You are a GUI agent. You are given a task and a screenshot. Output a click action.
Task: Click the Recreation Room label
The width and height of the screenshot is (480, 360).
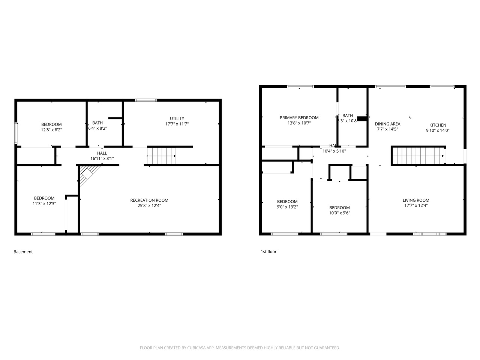(x=149, y=200)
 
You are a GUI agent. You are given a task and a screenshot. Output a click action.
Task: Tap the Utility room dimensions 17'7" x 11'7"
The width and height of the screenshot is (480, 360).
(x=177, y=124)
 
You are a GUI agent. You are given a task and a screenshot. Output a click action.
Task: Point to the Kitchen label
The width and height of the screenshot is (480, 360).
(x=438, y=125)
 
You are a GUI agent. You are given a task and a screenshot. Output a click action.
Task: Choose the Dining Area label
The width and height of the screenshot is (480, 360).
(x=387, y=124)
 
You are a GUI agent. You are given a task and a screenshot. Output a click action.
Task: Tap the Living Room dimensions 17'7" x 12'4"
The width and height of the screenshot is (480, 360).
(x=416, y=205)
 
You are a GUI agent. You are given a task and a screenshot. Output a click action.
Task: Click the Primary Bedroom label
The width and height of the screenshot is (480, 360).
(x=299, y=118)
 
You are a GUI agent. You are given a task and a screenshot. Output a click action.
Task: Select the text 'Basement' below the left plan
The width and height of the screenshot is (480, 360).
(x=23, y=252)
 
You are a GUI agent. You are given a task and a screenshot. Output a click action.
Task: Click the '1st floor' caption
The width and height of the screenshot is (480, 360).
(x=268, y=252)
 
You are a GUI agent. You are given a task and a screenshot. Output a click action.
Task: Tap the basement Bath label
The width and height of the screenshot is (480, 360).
(x=97, y=123)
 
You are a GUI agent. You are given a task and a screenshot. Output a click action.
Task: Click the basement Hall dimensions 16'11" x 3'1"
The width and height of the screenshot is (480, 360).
(x=102, y=159)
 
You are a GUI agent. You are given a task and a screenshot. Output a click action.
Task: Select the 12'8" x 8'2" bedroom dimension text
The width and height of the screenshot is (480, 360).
(x=51, y=130)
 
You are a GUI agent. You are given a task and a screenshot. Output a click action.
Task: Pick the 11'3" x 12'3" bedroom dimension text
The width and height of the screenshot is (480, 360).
(x=44, y=204)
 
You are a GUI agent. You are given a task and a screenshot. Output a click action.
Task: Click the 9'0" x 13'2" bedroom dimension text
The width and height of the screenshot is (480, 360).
(x=287, y=207)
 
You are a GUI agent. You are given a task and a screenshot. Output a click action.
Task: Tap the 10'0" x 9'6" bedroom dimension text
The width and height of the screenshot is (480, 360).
(x=339, y=213)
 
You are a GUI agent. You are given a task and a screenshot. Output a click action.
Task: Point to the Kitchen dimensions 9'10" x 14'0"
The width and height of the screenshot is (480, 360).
(x=438, y=130)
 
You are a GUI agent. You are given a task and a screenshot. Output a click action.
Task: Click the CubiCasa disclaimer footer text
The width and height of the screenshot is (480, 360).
(x=240, y=348)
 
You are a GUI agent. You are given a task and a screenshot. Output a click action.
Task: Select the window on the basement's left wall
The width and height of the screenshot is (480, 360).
(x=16, y=133)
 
